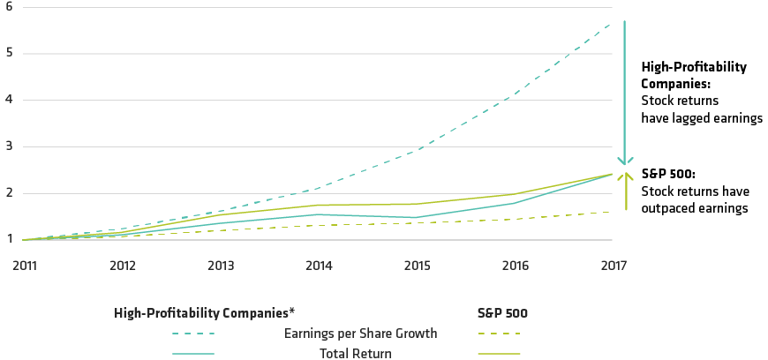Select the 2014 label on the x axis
coord(319,265)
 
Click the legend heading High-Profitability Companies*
coord(204,312)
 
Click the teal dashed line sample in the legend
coord(193,334)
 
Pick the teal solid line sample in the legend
coord(193,353)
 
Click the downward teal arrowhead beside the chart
coord(624,160)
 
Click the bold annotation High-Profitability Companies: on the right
coord(694,76)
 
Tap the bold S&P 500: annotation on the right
coord(668,175)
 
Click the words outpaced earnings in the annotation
coord(695,208)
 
